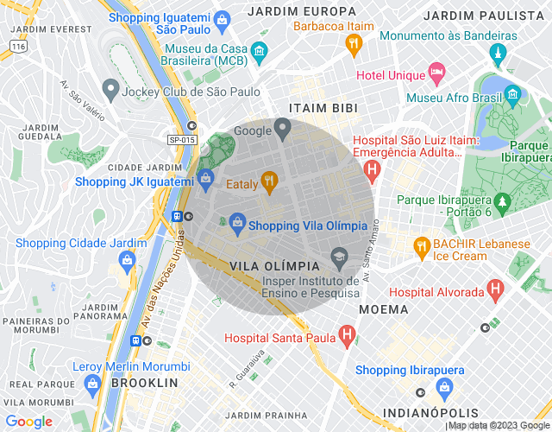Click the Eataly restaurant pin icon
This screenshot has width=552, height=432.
tap(269, 181)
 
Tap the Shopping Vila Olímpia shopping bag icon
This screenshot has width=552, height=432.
tap(236, 223)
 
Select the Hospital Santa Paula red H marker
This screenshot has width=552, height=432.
tap(346, 334)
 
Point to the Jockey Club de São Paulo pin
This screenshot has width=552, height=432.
tap(110, 88)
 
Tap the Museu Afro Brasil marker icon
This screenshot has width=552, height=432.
tap(512, 93)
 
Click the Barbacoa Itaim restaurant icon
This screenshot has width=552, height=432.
tap(353, 43)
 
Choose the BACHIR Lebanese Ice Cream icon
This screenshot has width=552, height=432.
tap(421, 245)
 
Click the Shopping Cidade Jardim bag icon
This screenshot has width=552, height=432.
tap(128, 259)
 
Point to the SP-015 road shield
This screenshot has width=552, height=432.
tap(182, 140)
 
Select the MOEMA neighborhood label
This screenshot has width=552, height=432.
tap(383, 308)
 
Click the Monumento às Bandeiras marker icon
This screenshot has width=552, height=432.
tap(496, 55)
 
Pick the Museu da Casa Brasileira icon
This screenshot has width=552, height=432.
tap(259, 57)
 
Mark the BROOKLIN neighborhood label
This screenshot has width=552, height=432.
tap(145, 382)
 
